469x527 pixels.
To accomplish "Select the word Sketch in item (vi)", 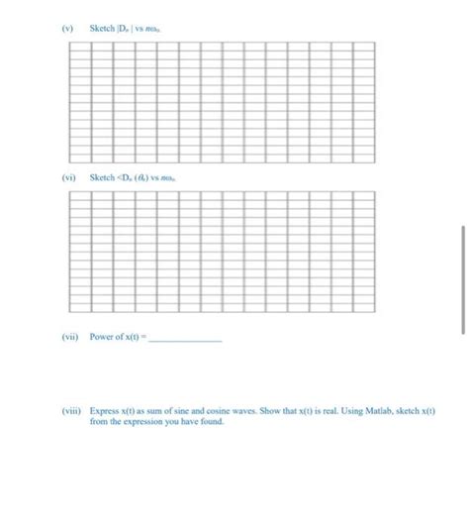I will tap(101, 177).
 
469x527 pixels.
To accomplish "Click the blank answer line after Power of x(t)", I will tap(186, 338).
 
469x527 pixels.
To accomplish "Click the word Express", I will tap(104, 410).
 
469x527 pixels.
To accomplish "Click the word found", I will tap(212, 421).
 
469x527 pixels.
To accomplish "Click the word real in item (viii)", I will tap(336, 410).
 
